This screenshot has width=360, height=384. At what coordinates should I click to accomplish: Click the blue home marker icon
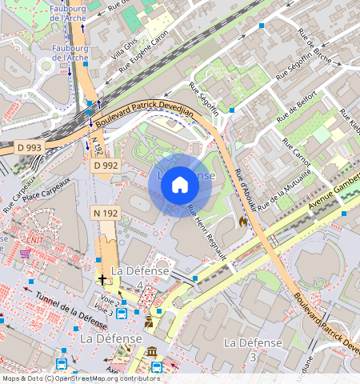tap(180, 186)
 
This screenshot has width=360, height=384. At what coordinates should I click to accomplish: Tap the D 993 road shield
tap(30, 148)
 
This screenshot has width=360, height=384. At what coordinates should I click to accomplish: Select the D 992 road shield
tap(106, 166)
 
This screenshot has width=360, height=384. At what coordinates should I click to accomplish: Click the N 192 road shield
tap(106, 213)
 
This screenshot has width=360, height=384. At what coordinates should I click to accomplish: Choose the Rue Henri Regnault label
tap(206, 232)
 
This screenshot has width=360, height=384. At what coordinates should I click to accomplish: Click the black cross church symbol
tap(102, 279)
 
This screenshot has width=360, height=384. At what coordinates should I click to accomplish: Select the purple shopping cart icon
tap(25, 253)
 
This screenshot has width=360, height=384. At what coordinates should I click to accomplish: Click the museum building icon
tap(152, 352)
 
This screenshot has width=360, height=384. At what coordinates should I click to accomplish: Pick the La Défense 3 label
tap(253, 349)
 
